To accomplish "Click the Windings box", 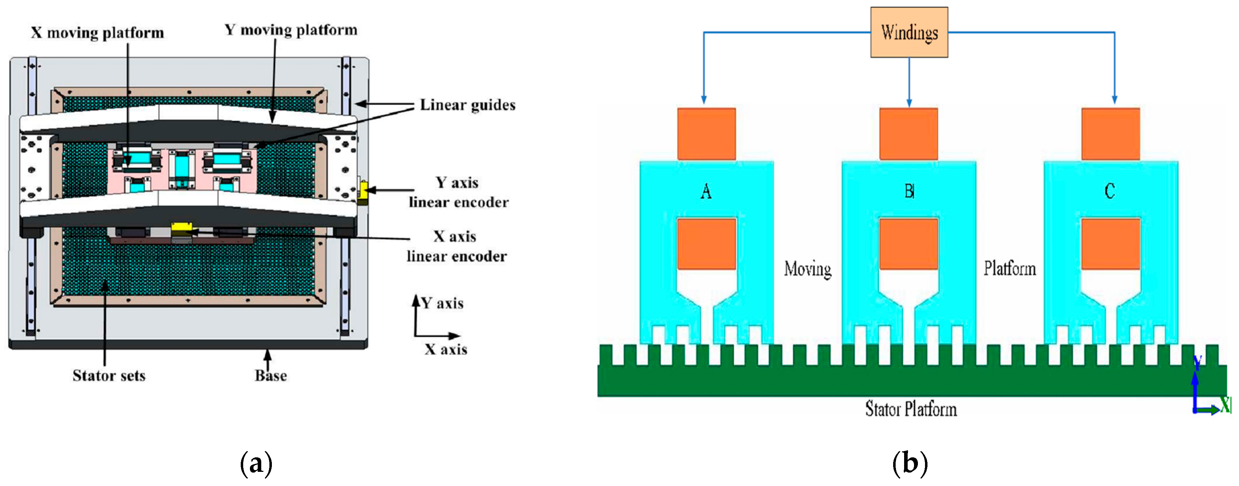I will [909, 32].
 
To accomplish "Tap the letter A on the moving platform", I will [706, 191].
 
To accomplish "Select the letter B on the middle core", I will [909, 191].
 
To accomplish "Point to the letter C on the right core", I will [1110, 191].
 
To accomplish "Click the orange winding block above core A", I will [706, 134].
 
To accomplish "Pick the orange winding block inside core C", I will [1110, 244].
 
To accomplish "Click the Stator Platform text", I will [910, 409].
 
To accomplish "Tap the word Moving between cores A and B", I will [807, 269].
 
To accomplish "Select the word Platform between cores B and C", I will [1009, 268].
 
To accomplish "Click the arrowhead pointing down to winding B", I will [909, 102].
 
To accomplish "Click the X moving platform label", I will [98, 33].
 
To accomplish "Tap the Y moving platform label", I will [291, 30].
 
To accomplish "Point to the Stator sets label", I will [109, 375].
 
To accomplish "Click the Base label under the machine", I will [271, 375].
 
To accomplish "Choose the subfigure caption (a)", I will [256, 463].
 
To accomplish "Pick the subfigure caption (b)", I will [909, 463].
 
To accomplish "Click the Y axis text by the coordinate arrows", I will [442, 303].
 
